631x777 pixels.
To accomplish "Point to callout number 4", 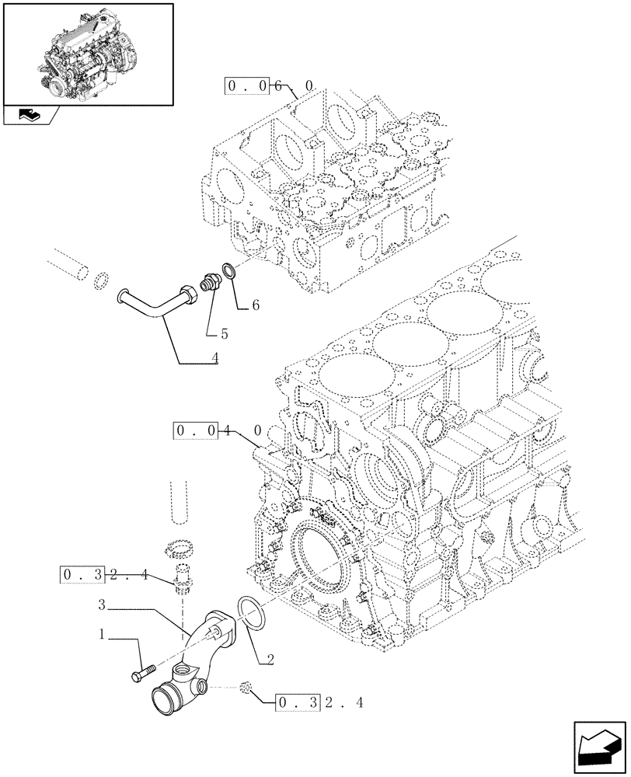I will (x=214, y=359).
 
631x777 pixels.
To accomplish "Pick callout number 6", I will (x=254, y=306).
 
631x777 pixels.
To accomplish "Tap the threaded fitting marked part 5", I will (x=210, y=284).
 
